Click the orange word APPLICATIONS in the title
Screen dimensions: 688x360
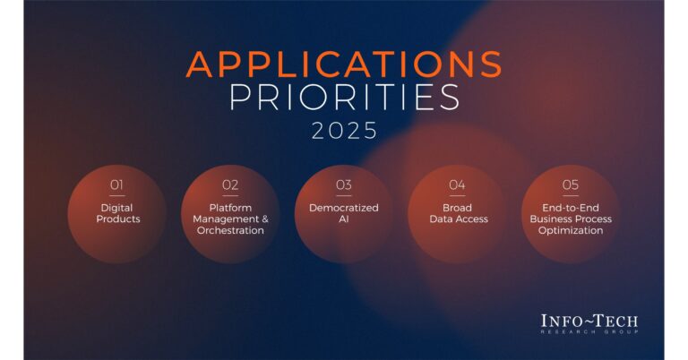344,64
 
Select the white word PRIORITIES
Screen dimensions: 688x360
344,97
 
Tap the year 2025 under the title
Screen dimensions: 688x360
344,131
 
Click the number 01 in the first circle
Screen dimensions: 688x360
116,185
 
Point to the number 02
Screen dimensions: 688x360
230,185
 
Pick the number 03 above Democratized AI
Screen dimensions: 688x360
344,185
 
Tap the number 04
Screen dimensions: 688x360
457,185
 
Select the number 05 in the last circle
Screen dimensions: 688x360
571,185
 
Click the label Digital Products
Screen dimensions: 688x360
117,213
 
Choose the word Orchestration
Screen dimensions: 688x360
230,231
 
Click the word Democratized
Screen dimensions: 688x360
344,208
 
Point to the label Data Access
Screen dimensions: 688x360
459,219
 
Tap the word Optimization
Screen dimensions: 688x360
571,231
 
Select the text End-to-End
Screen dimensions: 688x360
571,208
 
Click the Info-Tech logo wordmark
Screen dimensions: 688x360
589,321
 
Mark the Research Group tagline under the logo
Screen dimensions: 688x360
589,332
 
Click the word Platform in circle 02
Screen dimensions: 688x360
230,208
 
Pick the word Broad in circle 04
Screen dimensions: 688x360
457,208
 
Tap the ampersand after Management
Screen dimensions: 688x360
265,219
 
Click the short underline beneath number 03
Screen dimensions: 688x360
344,195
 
